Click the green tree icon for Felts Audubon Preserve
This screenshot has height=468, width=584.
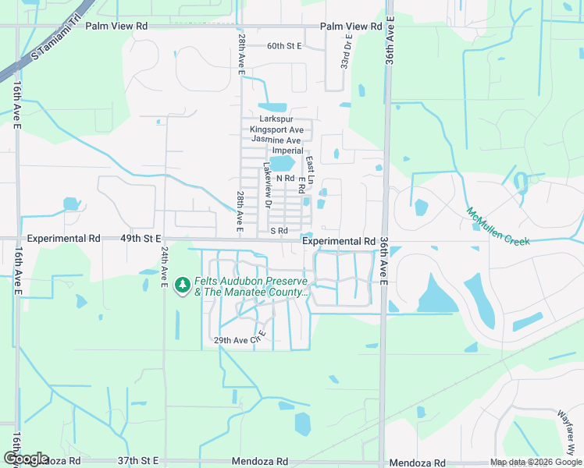pos(183,285)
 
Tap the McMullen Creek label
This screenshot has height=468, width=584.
pos(498,226)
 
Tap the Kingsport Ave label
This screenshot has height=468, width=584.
pos(276,129)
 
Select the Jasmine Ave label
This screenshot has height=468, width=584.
pos(277,140)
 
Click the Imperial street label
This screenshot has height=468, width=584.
pos(287,150)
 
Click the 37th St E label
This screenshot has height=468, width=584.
pos(138,461)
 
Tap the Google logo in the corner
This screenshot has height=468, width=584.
pos(26,459)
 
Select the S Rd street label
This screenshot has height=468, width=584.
pos(279,231)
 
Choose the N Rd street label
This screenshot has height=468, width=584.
pos(284,179)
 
